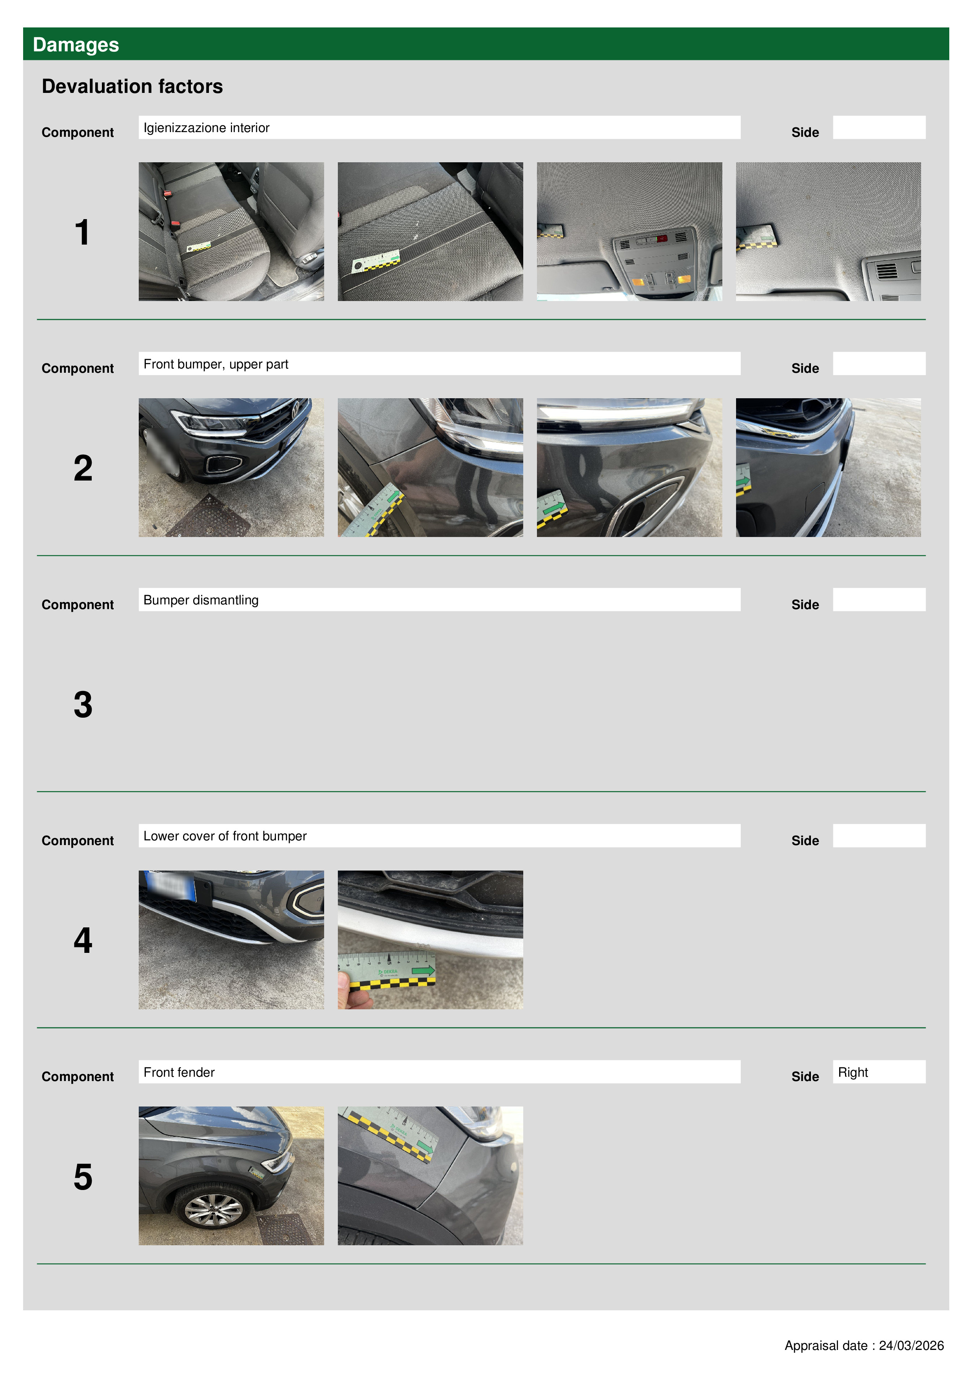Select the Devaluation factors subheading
pos(132,86)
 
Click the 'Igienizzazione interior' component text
pos(206,127)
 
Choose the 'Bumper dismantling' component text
pos(201,600)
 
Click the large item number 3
pos(83,704)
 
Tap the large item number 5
pos(83,1177)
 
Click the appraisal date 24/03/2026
pos(911,1346)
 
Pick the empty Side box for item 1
pos(879,127)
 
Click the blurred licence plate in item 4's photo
pos(170,885)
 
